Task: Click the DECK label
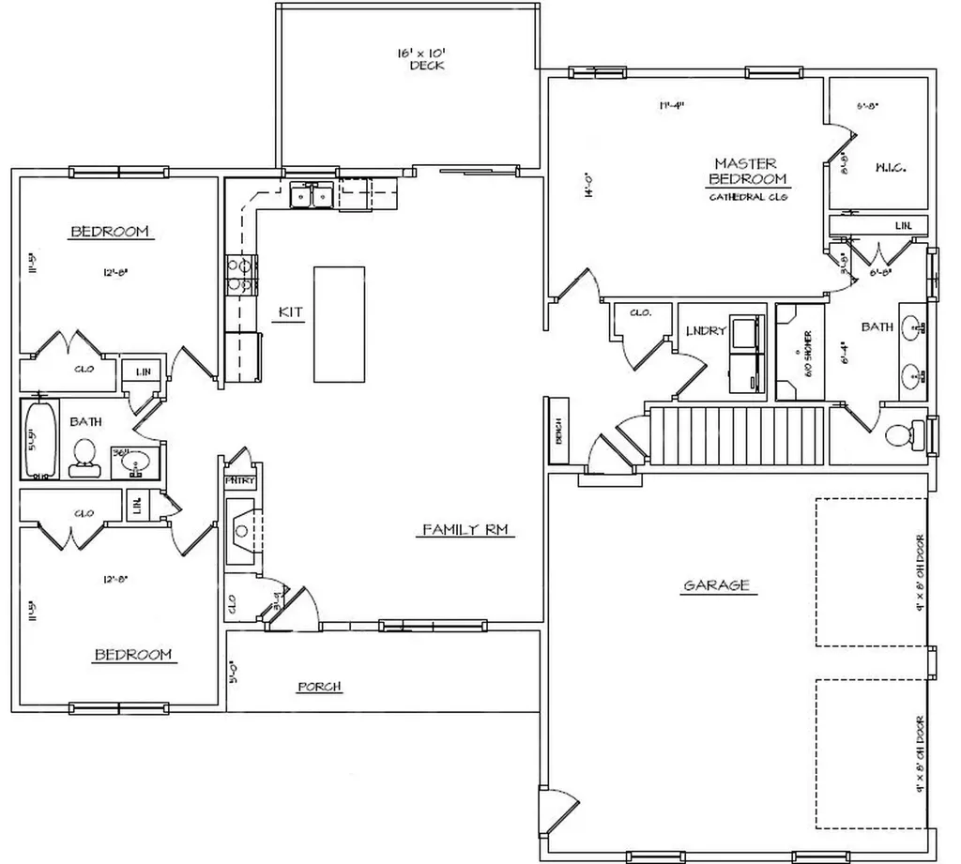pyautogui.click(x=426, y=66)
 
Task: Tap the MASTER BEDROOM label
pyautogui.click(x=747, y=171)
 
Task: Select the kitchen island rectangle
pyautogui.click(x=339, y=324)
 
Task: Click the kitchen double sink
pyautogui.click(x=311, y=196)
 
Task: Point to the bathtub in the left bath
pyautogui.click(x=39, y=438)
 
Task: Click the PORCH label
pyautogui.click(x=319, y=687)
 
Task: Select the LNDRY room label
pyautogui.click(x=706, y=330)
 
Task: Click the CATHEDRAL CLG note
pyautogui.click(x=747, y=197)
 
